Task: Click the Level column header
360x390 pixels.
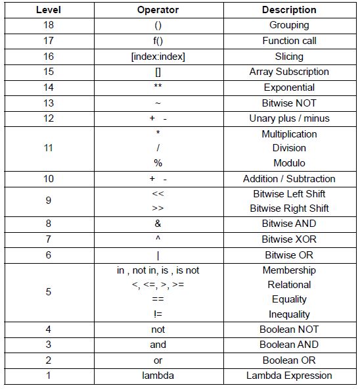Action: pos(49,10)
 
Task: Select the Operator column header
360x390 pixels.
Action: pos(158,10)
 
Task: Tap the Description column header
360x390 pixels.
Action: pos(289,10)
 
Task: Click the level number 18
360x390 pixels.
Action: pos(49,25)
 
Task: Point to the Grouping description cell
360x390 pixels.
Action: pos(289,25)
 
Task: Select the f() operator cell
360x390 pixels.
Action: pos(158,41)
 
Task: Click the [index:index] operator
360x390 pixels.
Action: pos(158,57)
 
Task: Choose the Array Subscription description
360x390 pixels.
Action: pos(289,72)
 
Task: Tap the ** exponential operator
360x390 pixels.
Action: pos(158,87)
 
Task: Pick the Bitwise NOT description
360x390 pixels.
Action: pos(289,103)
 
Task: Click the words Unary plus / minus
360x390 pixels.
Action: pos(289,118)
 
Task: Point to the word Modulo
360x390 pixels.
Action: pos(289,163)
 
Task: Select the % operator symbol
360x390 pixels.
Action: pos(158,163)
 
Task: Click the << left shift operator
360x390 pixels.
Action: pos(158,194)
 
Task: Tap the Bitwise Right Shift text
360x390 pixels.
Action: pos(289,208)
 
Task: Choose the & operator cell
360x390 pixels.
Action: pos(158,224)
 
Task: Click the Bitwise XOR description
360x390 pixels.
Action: pos(289,239)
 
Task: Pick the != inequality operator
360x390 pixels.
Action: pos(158,314)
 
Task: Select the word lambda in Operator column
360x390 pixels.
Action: pos(158,376)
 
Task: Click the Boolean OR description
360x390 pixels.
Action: pos(289,360)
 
